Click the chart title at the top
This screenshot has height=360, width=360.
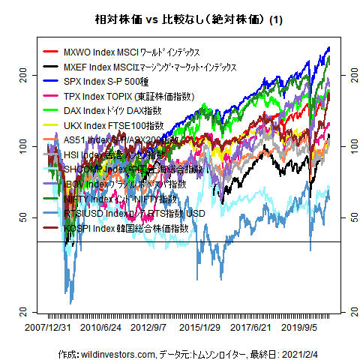coord(179,20)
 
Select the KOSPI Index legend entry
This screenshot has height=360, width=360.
coord(126,227)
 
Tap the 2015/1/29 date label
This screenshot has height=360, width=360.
coord(199,328)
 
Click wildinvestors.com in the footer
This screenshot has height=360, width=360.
coord(117,353)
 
